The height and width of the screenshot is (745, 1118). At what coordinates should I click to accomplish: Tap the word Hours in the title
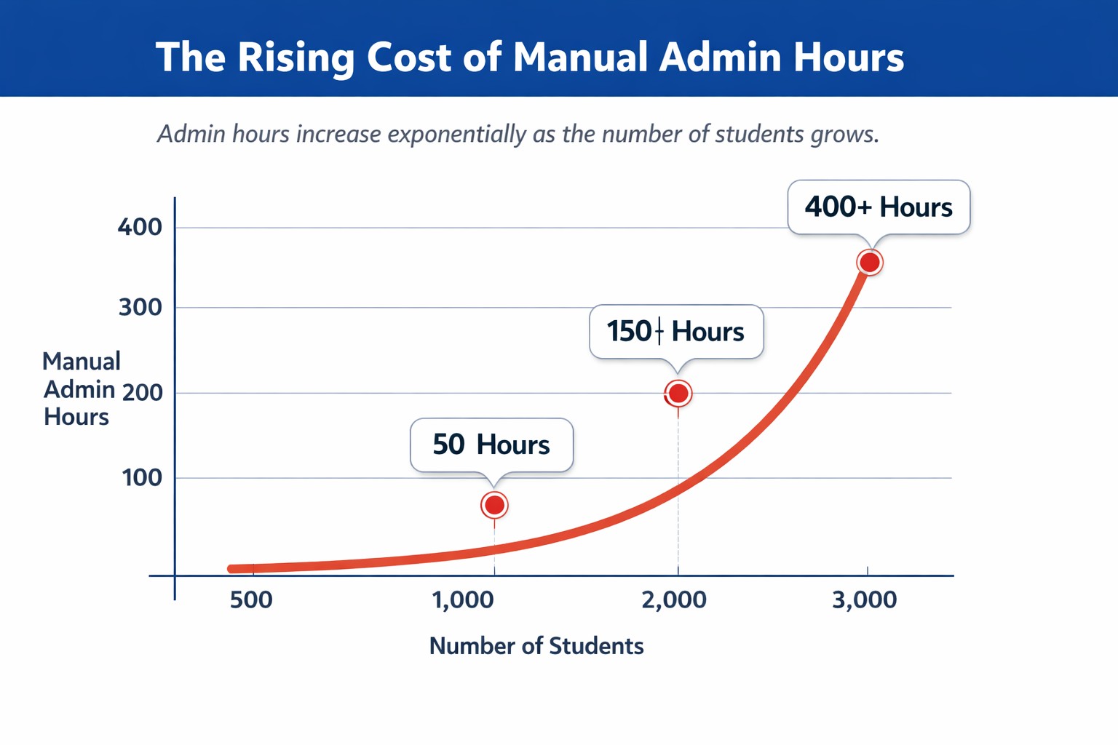tap(849, 57)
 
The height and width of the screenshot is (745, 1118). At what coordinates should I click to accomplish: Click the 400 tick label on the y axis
tap(140, 227)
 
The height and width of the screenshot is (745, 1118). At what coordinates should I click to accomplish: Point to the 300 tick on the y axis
tap(140, 307)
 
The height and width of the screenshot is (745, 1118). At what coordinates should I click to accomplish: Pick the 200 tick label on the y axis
tap(143, 393)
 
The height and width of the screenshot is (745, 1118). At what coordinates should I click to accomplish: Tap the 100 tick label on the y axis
tap(142, 478)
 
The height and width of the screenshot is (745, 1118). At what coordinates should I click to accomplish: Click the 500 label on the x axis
tap(251, 600)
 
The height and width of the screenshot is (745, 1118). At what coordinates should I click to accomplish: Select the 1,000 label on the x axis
tap(463, 600)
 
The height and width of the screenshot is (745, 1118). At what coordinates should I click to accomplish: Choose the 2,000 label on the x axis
tap(674, 600)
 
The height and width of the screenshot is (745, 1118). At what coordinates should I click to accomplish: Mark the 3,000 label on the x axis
tap(865, 600)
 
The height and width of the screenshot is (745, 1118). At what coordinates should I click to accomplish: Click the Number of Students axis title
tap(536, 646)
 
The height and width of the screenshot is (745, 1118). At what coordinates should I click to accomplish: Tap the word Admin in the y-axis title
tap(79, 390)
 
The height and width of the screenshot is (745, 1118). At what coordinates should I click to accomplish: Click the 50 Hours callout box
tap(491, 445)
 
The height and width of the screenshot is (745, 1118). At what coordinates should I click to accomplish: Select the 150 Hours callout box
tap(676, 332)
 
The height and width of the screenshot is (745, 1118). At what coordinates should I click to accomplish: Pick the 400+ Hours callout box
tap(879, 207)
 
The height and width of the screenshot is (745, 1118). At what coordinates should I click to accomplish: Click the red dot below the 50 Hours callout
tap(494, 505)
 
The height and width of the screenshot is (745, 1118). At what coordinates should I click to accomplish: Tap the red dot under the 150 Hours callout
tap(678, 394)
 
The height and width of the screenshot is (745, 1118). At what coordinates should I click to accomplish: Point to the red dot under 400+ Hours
tap(870, 262)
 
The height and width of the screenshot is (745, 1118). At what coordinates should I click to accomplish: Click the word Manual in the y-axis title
tap(82, 362)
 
